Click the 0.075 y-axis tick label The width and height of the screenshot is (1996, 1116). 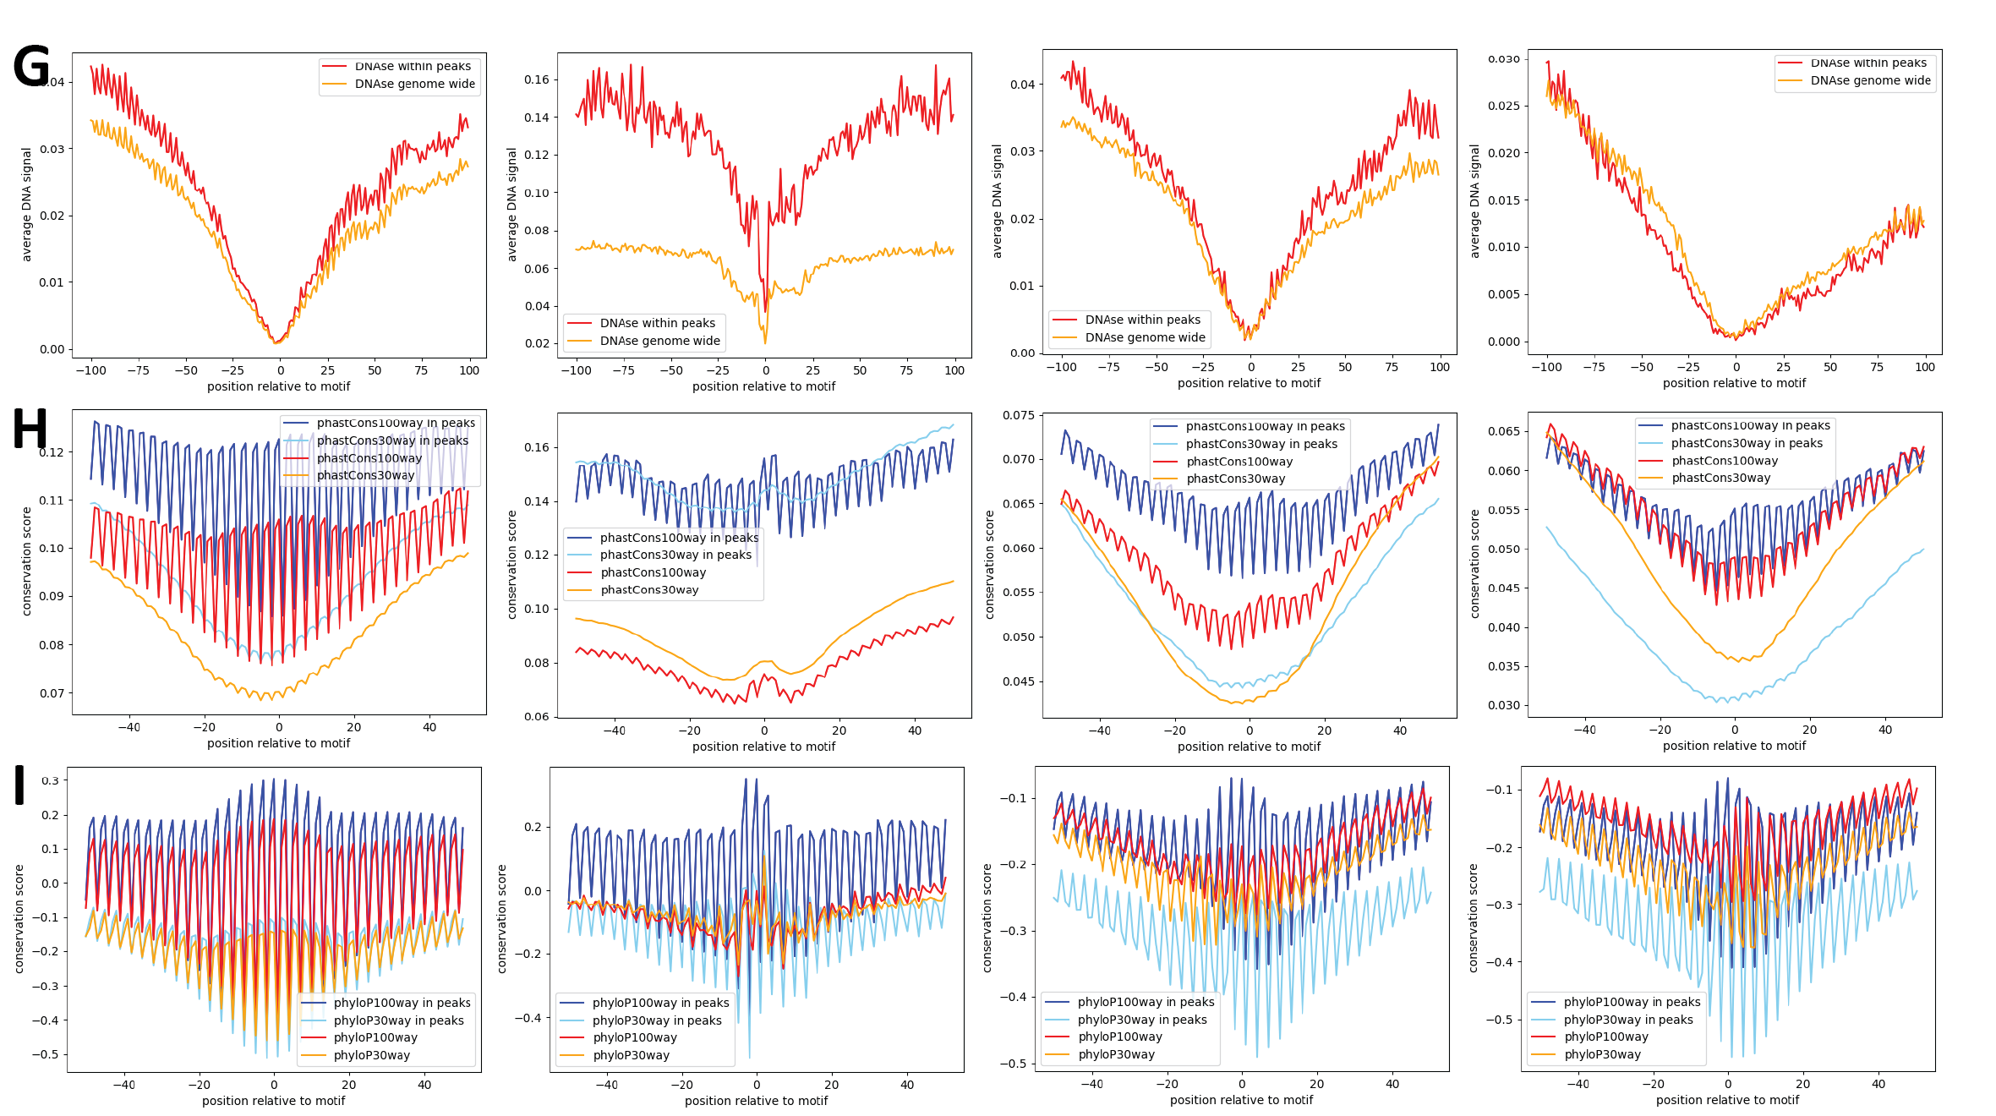click(x=1018, y=415)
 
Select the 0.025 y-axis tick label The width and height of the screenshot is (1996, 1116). click(x=1503, y=106)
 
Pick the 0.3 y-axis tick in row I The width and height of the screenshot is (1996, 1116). click(x=50, y=780)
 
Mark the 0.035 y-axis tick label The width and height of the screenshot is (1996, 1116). click(x=1503, y=666)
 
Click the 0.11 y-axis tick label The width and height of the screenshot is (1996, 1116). click(x=51, y=501)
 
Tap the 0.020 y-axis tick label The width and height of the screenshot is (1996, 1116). click(x=1503, y=153)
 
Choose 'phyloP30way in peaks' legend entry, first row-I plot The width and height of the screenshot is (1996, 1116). click(x=398, y=1020)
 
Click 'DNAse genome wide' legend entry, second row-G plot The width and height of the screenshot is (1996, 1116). click(x=659, y=341)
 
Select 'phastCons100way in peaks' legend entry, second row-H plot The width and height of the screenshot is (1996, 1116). click(x=679, y=538)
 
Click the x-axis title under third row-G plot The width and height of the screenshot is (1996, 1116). click(x=1249, y=383)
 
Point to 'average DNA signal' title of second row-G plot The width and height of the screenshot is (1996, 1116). click(x=511, y=204)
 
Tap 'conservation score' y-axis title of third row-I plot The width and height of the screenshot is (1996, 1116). click(x=987, y=918)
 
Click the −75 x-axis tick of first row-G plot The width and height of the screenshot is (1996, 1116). click(x=138, y=370)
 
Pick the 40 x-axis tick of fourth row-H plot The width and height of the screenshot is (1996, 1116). click(x=1885, y=730)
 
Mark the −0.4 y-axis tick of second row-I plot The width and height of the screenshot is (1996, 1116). click(x=528, y=1018)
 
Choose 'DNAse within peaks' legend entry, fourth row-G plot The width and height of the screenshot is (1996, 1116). click(x=1868, y=63)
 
